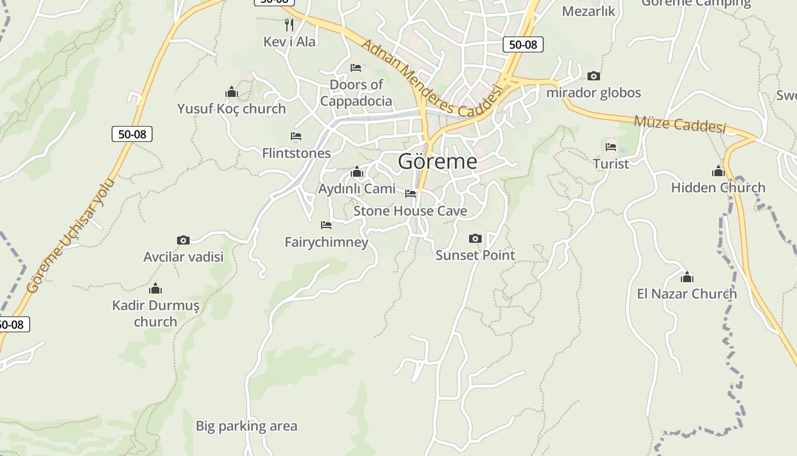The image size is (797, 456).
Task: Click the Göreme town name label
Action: (x=437, y=161)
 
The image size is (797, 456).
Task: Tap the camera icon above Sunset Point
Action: (x=475, y=238)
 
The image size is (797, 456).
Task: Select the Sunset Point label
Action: (x=475, y=255)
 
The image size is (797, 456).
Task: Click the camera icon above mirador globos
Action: (x=593, y=76)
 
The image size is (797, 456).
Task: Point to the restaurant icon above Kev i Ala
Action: (x=289, y=25)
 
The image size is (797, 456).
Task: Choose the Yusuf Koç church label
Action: (x=231, y=108)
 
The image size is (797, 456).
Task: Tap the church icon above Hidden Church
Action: (x=718, y=171)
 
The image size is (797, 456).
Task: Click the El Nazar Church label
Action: (x=687, y=294)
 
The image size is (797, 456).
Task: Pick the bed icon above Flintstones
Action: (x=296, y=136)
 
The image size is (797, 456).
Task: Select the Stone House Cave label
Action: (x=410, y=211)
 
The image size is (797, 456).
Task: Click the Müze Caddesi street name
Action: (x=680, y=124)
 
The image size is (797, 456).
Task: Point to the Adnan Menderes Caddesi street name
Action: (x=433, y=79)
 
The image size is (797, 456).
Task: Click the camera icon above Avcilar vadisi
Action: (x=183, y=240)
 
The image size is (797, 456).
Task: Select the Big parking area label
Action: (x=247, y=426)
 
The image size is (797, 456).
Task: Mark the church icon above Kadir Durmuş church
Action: (x=155, y=288)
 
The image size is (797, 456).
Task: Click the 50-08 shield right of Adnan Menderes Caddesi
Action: (x=523, y=44)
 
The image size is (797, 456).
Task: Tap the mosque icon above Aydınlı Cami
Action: (x=357, y=172)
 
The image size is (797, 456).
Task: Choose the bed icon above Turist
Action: (x=611, y=147)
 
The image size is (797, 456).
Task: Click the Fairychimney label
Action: (x=326, y=242)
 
